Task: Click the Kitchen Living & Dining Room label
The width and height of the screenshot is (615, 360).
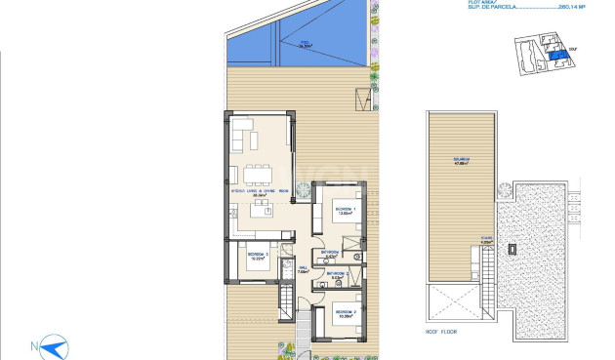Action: tap(259, 192)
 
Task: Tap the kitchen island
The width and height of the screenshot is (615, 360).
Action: tap(256, 220)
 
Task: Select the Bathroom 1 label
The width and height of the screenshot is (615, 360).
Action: tap(331, 252)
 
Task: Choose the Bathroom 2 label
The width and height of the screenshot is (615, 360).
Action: tap(339, 274)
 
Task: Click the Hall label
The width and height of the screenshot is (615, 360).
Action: tap(304, 270)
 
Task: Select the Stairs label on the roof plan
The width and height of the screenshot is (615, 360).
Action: tap(472, 239)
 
